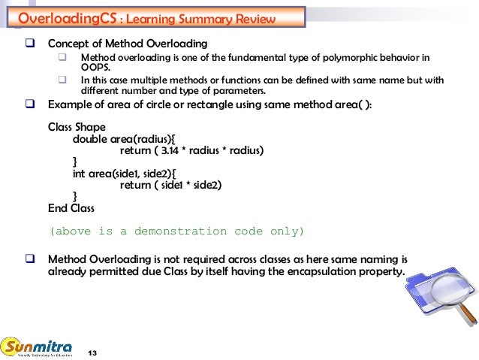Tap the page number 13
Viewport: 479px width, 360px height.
(x=93, y=352)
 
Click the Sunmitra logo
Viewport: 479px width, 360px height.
(x=38, y=347)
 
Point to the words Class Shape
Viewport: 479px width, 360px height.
(x=77, y=127)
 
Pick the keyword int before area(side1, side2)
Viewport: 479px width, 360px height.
(x=79, y=173)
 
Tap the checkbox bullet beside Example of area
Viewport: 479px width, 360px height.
(x=32, y=104)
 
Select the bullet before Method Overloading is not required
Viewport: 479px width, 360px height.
(x=32, y=259)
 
